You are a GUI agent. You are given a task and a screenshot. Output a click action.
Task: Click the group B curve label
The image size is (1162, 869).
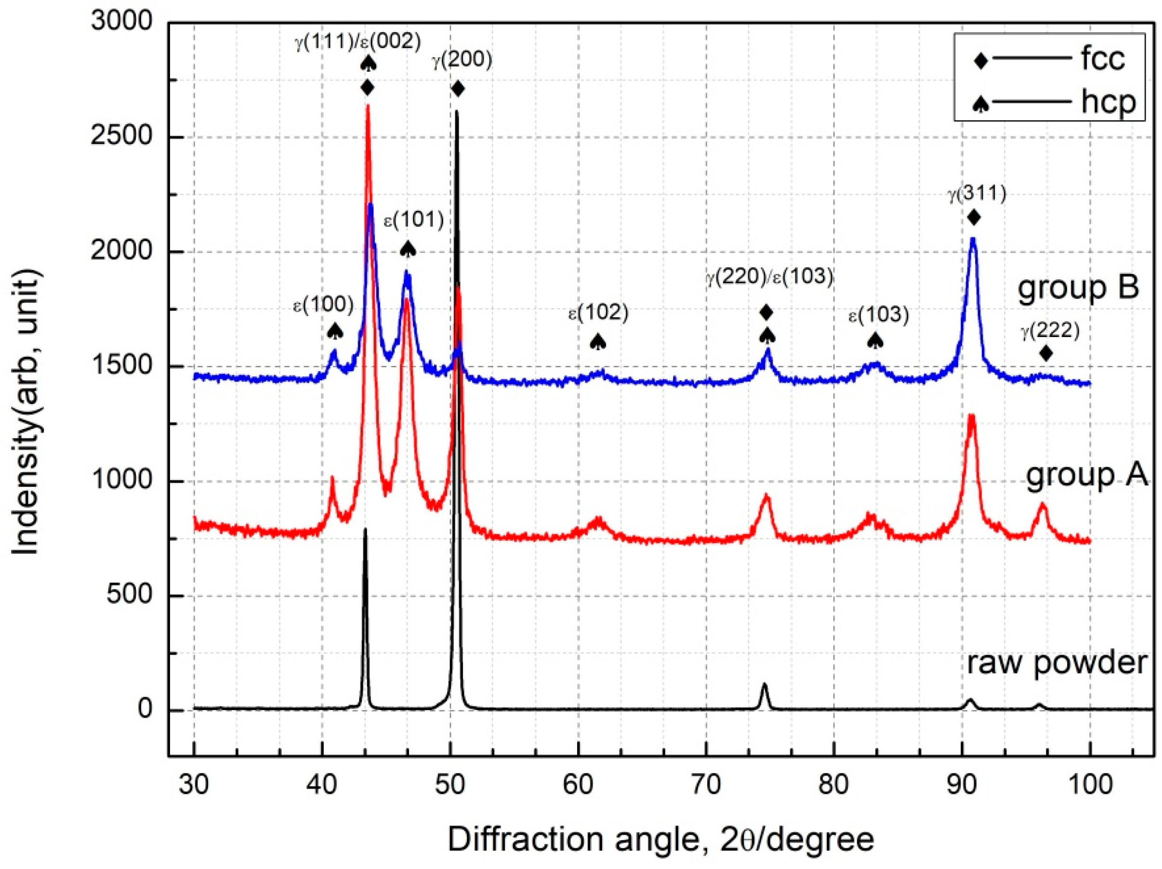1077,288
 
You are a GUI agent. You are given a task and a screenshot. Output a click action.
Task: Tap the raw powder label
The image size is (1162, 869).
1056,662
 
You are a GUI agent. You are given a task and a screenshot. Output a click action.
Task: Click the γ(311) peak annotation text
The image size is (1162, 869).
977,195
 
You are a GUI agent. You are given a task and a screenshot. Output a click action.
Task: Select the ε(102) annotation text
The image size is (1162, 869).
598,313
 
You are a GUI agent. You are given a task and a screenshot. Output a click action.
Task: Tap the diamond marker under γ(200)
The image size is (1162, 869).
458,89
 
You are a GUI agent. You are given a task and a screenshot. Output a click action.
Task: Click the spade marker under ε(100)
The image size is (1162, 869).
335,331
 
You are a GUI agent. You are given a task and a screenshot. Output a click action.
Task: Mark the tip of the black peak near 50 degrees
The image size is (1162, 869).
457,111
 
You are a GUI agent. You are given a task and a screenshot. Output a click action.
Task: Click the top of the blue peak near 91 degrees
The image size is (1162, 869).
973,239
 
